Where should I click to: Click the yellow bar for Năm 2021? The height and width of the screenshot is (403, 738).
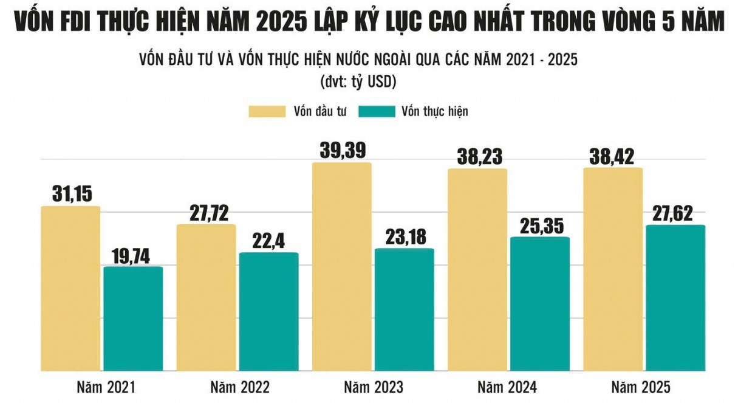pyautogui.click(x=70, y=289)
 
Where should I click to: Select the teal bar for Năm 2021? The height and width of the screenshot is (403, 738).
pyautogui.click(x=133, y=319)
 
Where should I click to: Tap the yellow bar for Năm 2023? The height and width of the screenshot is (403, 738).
pyautogui.click(x=342, y=267)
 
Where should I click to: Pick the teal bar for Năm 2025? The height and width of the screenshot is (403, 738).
pyautogui.click(x=675, y=298)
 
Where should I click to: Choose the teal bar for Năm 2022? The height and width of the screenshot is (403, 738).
pyautogui.click(x=268, y=312)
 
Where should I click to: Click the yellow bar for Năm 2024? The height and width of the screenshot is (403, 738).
pyautogui.click(x=478, y=270)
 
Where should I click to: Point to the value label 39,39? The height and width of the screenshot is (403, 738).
pyautogui.click(x=342, y=150)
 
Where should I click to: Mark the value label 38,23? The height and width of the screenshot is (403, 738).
pyautogui.click(x=478, y=156)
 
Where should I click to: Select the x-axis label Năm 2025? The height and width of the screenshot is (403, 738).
pyautogui.click(x=641, y=387)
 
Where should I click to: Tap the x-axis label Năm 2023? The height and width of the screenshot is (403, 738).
pyautogui.click(x=373, y=387)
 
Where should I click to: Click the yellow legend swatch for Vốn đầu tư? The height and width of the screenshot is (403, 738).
pyautogui.click(x=266, y=111)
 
